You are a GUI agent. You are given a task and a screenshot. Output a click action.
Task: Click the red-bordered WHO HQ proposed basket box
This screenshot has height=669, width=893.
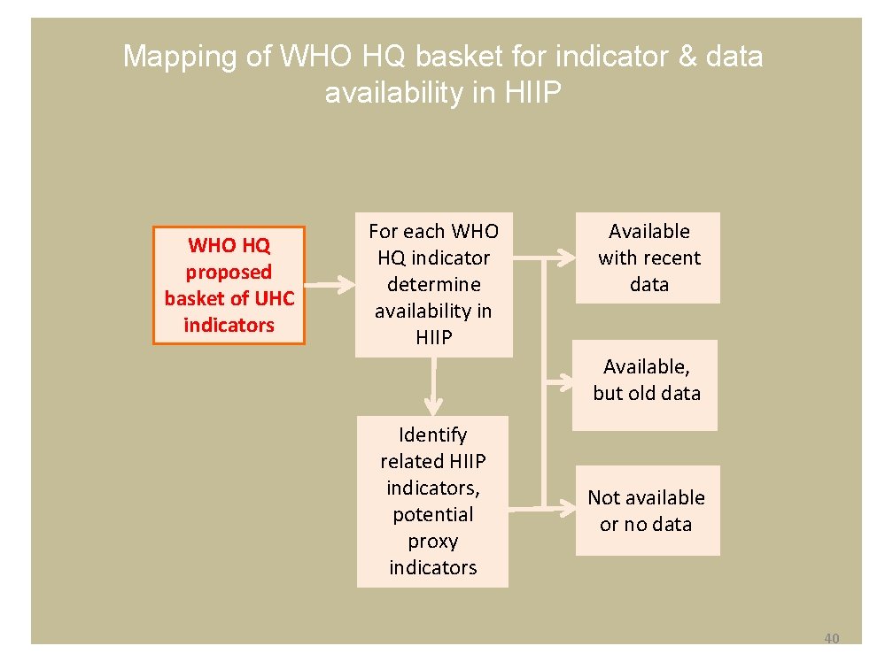click(x=229, y=285)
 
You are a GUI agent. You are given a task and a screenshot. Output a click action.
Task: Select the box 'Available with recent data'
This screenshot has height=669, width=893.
click(x=648, y=258)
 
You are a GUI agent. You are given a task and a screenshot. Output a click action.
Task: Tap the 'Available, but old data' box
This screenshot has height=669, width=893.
click(x=645, y=385)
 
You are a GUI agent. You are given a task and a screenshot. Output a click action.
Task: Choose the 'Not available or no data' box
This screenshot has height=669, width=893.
click(x=647, y=511)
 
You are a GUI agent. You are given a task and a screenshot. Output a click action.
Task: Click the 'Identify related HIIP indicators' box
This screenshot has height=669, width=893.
click(x=432, y=501)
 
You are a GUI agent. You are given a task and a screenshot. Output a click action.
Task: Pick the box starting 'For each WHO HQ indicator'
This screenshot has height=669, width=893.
click(x=433, y=284)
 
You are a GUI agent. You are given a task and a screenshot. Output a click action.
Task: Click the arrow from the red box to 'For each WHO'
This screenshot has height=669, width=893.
click(x=329, y=285)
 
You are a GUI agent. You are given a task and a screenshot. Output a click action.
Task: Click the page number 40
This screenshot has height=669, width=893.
click(x=831, y=639)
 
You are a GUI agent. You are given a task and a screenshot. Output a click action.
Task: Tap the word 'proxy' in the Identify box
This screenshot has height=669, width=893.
click(x=432, y=541)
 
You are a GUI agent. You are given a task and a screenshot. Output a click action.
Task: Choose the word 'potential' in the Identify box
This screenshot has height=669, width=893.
click(x=432, y=514)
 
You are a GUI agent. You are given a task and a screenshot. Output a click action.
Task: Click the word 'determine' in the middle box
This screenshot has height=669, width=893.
click(x=433, y=284)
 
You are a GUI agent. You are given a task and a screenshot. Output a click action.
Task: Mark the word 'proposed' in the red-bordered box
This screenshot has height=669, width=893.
click(x=229, y=272)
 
